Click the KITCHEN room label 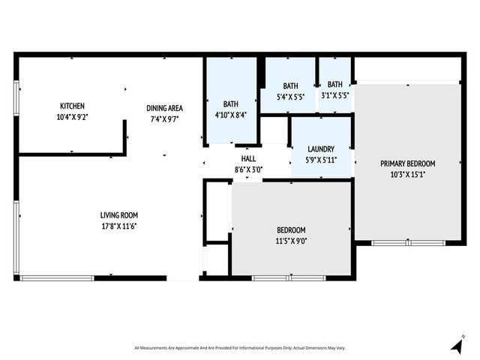(x=73, y=106)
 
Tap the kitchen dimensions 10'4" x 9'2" (x=73, y=118)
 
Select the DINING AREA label (x=164, y=107)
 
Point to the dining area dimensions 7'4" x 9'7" (x=164, y=118)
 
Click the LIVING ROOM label (x=118, y=214)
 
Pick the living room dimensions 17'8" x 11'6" (x=118, y=226)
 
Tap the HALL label (x=248, y=159)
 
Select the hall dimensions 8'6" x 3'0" (x=248, y=170)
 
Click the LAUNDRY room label (x=320, y=149)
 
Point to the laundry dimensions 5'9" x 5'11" (x=320, y=160)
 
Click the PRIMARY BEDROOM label (x=407, y=163)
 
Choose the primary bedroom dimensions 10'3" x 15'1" (x=407, y=175)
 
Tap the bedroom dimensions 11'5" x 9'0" (x=291, y=241)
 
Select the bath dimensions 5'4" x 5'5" (x=290, y=96)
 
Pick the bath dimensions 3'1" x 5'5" (x=334, y=96)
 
